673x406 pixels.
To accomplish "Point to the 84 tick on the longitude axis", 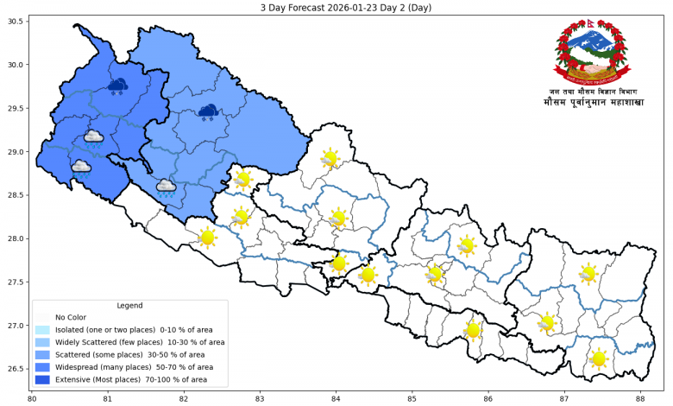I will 336,398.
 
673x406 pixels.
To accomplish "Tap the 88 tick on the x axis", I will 640,398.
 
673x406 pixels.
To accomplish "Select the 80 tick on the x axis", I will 32,398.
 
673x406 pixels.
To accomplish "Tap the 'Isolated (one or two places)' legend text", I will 108,330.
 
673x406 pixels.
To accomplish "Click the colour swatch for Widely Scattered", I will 42,342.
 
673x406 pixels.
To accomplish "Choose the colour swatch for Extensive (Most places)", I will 42,379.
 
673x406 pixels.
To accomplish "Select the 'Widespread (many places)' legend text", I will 104,367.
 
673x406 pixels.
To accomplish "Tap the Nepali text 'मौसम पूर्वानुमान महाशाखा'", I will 594,102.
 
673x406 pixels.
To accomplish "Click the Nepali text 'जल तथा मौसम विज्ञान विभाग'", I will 594,91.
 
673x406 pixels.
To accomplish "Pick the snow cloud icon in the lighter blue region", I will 208,111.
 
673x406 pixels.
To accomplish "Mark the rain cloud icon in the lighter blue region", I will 166,187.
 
